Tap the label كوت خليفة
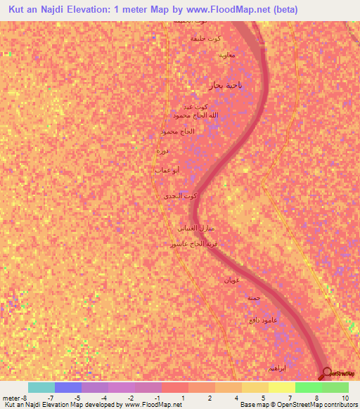(x=206, y=38)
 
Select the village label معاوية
(x=226, y=54)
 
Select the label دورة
(x=162, y=150)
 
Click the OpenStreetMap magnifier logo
(x=326, y=373)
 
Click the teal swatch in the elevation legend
(x=41, y=387)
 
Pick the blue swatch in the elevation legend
(x=67, y=387)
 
